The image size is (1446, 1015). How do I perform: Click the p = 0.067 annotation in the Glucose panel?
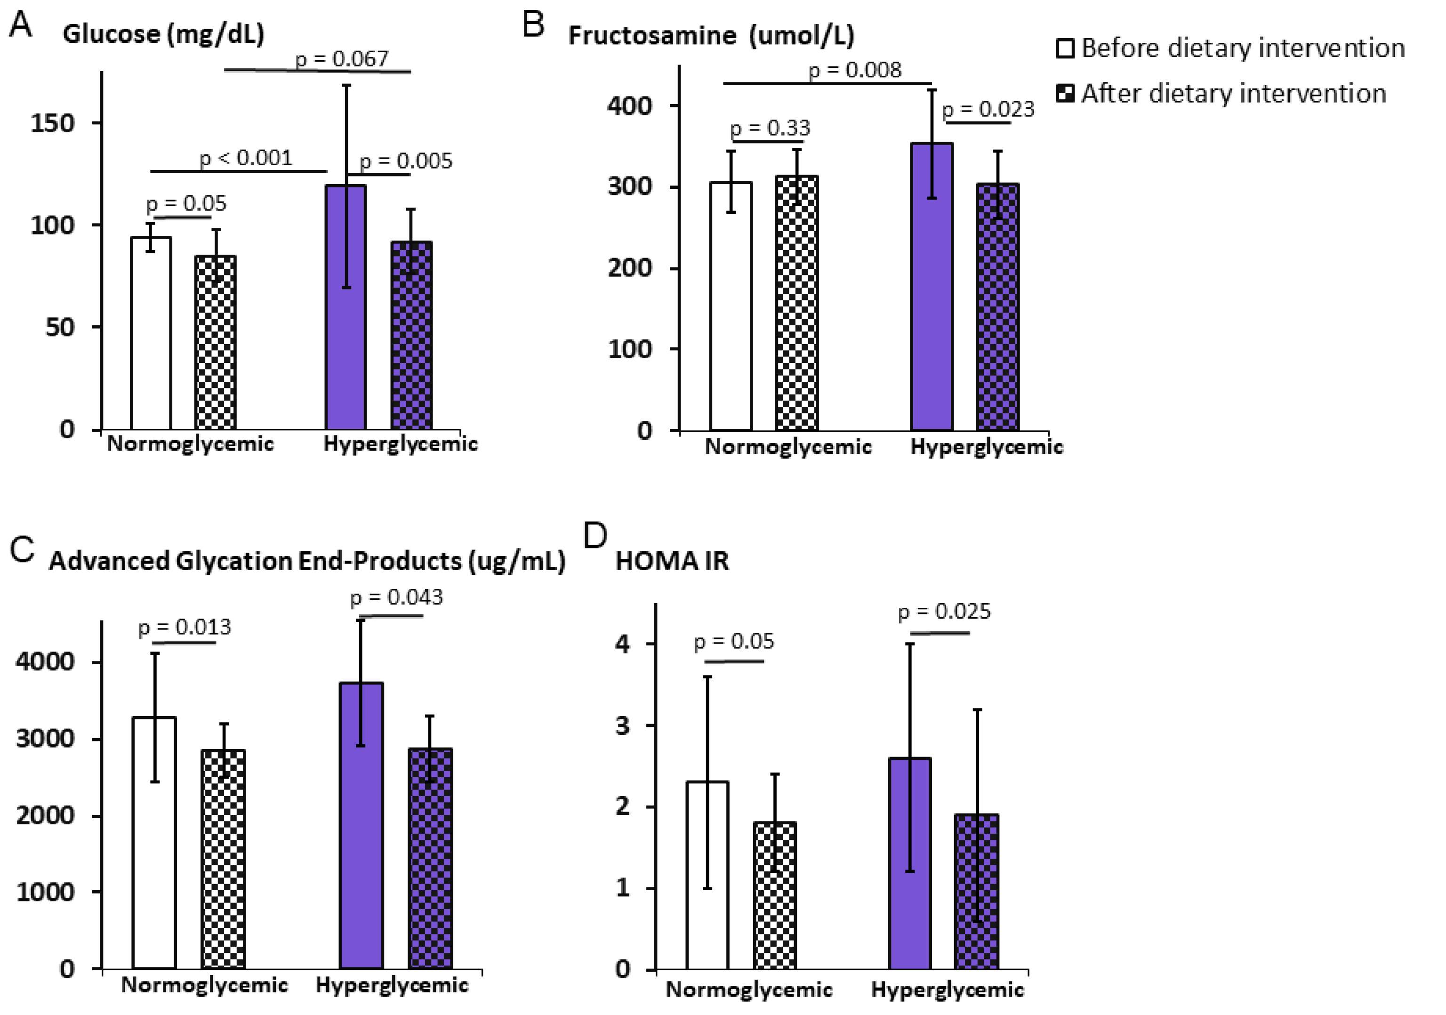[342, 58]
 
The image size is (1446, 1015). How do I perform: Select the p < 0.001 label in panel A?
[246, 158]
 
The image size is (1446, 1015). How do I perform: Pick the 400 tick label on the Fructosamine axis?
[629, 106]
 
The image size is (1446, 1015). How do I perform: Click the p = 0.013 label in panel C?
[185, 627]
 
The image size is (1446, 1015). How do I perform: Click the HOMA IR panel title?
[672, 561]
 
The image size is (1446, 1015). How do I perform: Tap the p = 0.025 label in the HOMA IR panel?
[944, 611]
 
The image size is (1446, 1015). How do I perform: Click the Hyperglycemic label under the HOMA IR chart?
[947, 990]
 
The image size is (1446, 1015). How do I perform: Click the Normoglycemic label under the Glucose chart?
[190, 443]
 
